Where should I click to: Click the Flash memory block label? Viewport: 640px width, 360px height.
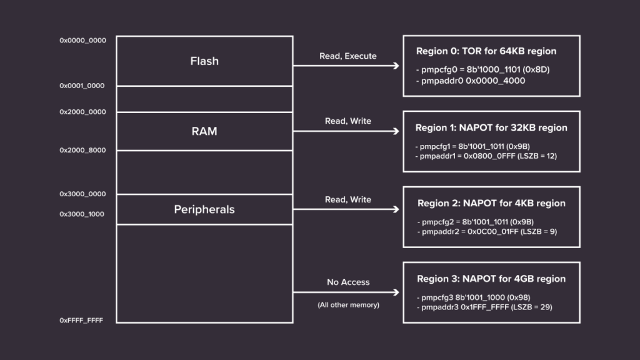click(204, 61)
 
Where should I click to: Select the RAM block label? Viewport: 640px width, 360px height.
click(204, 132)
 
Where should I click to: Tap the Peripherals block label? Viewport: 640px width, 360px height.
click(204, 209)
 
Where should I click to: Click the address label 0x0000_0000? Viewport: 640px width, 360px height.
click(82, 41)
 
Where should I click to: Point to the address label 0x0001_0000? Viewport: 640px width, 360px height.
click(82, 86)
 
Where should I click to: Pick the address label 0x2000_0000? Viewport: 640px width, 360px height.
click(82, 112)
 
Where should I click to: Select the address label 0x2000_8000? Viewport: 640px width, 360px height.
click(82, 151)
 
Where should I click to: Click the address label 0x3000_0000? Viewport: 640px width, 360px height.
click(82, 194)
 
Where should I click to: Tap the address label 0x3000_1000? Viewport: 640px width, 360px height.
click(82, 214)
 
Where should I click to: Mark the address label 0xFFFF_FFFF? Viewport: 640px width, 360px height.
click(81, 320)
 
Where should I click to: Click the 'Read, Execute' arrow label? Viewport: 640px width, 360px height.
click(347, 56)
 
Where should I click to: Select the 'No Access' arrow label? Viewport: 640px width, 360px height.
click(347, 282)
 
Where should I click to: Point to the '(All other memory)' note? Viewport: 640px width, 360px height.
click(347, 305)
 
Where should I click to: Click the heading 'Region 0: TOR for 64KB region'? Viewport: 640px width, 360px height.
click(486, 51)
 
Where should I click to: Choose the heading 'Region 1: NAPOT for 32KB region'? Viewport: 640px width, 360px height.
click(491, 127)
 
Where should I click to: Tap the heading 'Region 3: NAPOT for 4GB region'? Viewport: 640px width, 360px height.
click(491, 279)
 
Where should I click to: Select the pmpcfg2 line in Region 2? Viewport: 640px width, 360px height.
click(475, 222)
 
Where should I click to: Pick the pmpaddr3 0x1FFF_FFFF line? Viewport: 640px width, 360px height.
click(484, 307)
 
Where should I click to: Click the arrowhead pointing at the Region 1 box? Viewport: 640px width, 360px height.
click(396, 131)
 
